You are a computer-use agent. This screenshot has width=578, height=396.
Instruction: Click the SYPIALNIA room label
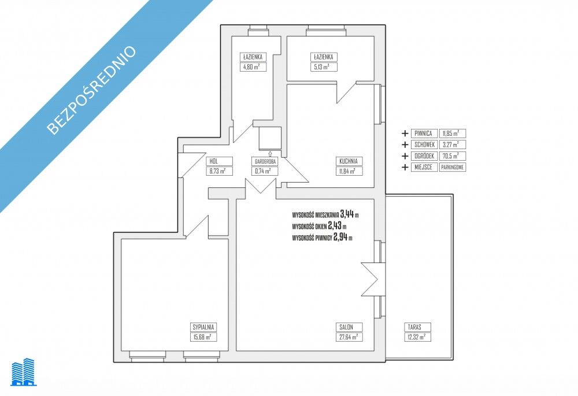(x=203, y=327)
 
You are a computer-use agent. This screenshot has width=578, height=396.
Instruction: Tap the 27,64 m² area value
(x=349, y=337)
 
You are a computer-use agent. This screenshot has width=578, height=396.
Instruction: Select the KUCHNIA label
(x=349, y=161)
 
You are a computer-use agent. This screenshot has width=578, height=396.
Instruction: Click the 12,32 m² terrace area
(x=417, y=337)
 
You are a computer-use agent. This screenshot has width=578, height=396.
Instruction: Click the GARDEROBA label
(x=265, y=161)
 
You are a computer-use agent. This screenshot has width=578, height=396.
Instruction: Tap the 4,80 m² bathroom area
(x=253, y=67)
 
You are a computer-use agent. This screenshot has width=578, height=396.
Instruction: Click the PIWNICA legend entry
(x=424, y=134)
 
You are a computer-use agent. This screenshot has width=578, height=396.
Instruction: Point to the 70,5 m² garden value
(x=453, y=156)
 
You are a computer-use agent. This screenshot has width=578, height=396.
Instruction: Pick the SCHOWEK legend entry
(x=424, y=145)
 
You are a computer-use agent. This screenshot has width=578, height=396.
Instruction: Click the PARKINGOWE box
(x=453, y=167)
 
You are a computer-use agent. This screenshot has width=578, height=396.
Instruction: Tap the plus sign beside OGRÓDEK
(x=405, y=156)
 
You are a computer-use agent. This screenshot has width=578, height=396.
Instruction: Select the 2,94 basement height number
(x=340, y=237)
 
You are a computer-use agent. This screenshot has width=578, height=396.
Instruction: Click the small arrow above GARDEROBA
(x=270, y=154)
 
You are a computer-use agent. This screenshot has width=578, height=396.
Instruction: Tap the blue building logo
(x=24, y=372)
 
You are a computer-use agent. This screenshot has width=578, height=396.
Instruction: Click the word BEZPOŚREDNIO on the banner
(x=91, y=90)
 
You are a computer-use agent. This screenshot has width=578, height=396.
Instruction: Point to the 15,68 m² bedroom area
(x=203, y=337)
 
